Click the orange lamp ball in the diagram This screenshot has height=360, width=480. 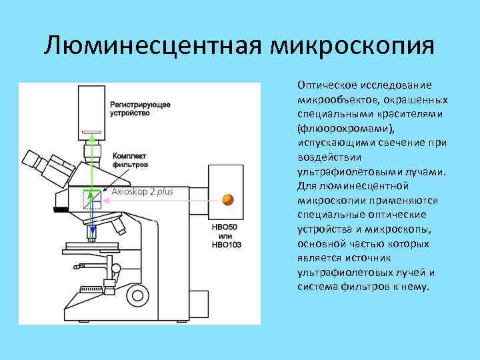tap(228, 198)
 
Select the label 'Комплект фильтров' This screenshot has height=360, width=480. tap(131, 159)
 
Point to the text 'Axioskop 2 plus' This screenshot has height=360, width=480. tap(142, 191)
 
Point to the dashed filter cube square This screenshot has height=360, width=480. tap(92, 199)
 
